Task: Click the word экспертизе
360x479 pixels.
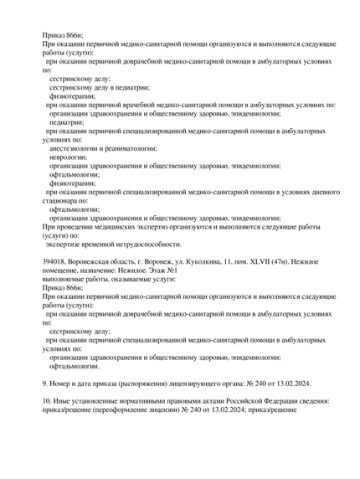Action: click(x=66, y=244)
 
